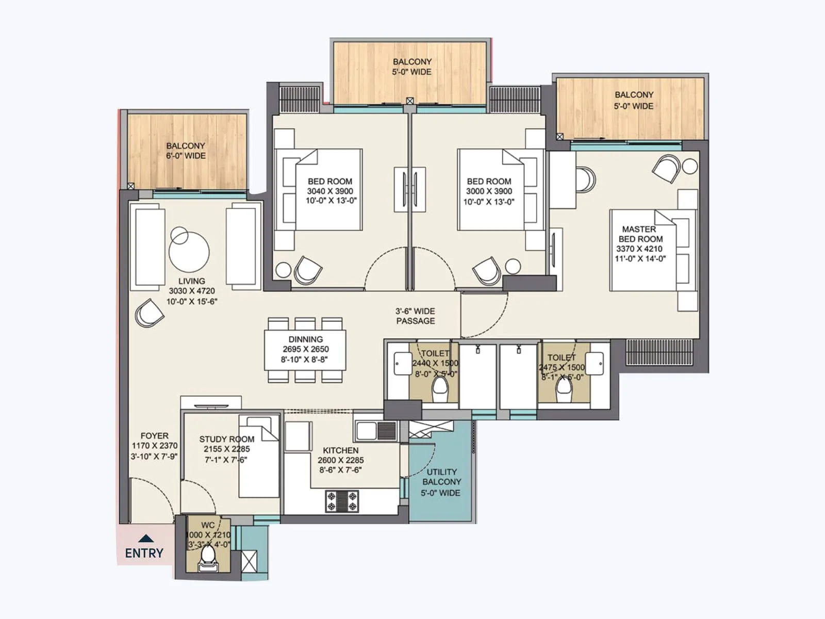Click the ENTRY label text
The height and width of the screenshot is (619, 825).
coord(144,553)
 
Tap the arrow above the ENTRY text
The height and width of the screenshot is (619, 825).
coord(146,539)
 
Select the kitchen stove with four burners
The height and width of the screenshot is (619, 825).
coord(341,501)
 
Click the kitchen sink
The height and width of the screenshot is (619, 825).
coord(376,431)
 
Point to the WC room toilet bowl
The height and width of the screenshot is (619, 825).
coord(208,557)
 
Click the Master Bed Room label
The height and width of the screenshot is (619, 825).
coord(640,234)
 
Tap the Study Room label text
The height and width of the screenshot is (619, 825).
coord(226,439)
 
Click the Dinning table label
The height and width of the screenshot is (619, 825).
coord(305,339)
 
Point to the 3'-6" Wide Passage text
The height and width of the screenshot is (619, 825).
coord(415,316)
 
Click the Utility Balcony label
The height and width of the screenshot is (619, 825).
coord(441,477)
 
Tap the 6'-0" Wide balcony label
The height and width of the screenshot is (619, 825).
coord(185,151)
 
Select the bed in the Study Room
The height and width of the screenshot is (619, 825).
coord(259,457)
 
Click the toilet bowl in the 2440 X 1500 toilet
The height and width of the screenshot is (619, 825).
coord(440,390)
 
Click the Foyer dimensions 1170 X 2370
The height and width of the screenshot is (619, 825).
coord(154,446)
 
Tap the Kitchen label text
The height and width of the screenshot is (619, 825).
coord(340,450)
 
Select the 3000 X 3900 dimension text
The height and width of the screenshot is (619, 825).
coord(489,191)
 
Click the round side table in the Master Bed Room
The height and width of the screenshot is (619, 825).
coord(690,166)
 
